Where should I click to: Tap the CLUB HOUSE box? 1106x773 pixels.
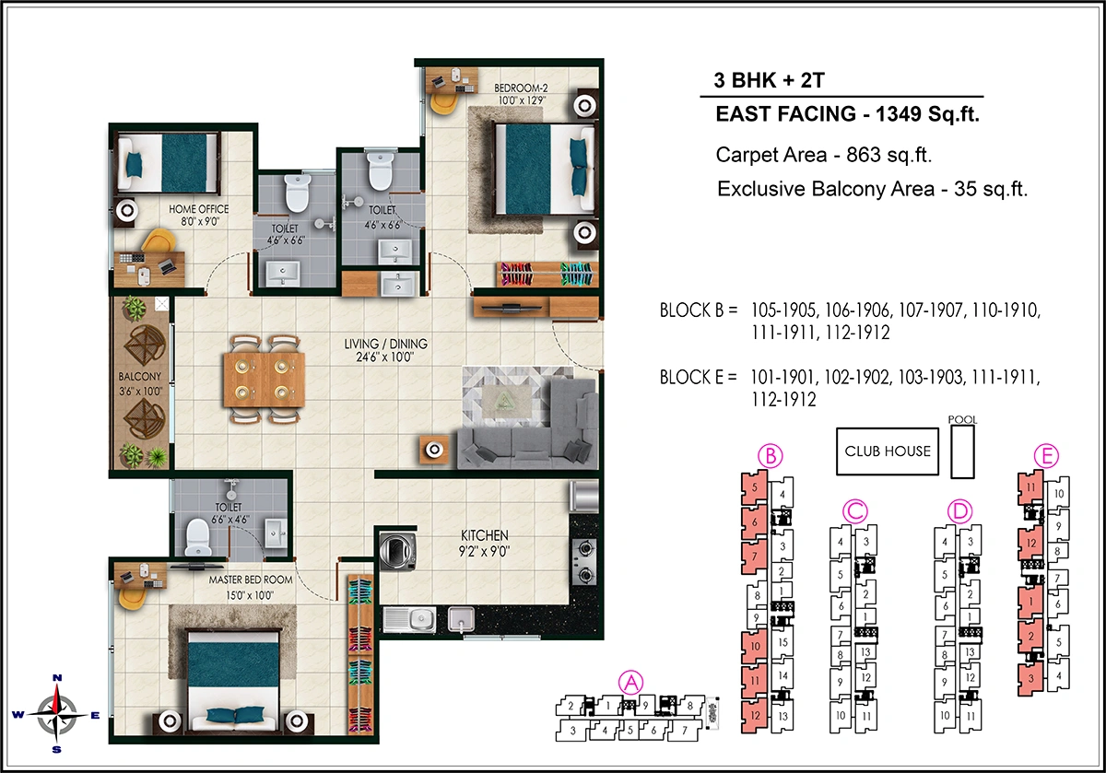[887, 451]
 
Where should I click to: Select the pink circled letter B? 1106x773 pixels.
[770, 455]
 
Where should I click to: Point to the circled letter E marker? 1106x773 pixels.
[1046, 455]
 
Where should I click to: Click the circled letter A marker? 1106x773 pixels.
[631, 683]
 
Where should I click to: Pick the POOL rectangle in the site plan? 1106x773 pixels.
[962, 452]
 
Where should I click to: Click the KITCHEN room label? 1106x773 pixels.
[485, 535]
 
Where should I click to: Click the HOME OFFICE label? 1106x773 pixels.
[198, 209]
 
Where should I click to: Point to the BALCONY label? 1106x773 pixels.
[140, 377]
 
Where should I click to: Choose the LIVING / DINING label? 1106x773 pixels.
[386, 345]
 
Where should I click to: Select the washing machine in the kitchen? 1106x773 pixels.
[399, 552]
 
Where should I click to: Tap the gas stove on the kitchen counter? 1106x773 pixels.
[584, 562]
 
